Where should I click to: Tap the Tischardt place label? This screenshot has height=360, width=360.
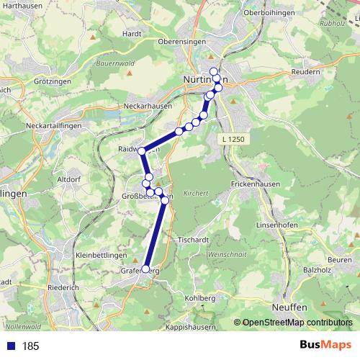point(192,240)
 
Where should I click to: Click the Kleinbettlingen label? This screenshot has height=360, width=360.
point(102,256)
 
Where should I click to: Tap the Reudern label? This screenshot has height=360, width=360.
point(307,72)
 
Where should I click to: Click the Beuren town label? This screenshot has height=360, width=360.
point(339,258)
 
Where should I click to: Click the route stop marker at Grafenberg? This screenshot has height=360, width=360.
point(146,269)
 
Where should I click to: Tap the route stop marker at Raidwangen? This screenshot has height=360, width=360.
point(142,150)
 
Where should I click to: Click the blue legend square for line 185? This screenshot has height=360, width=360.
point(11,346)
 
